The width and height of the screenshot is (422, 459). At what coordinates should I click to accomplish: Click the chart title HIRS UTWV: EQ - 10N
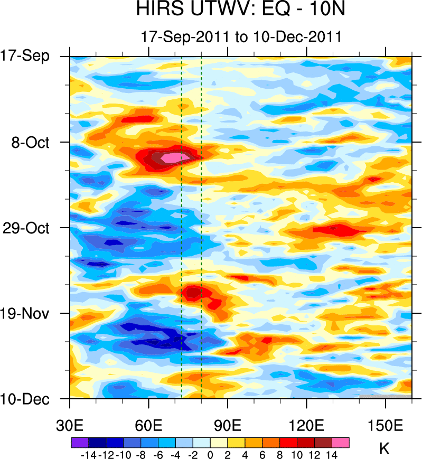click(x=240, y=11)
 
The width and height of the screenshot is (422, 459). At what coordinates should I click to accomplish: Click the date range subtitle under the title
click(x=240, y=36)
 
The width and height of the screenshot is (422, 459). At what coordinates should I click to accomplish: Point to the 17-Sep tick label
click(x=32, y=56)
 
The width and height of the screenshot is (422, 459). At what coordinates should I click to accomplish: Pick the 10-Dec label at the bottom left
click(x=32, y=399)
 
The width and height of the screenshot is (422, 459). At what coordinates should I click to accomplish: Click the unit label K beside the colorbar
click(x=385, y=449)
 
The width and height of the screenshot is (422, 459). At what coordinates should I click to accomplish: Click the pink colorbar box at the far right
click(x=341, y=442)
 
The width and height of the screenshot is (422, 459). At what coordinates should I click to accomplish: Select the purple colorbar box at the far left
click(x=79, y=442)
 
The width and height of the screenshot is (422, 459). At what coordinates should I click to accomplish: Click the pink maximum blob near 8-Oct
click(x=171, y=157)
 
